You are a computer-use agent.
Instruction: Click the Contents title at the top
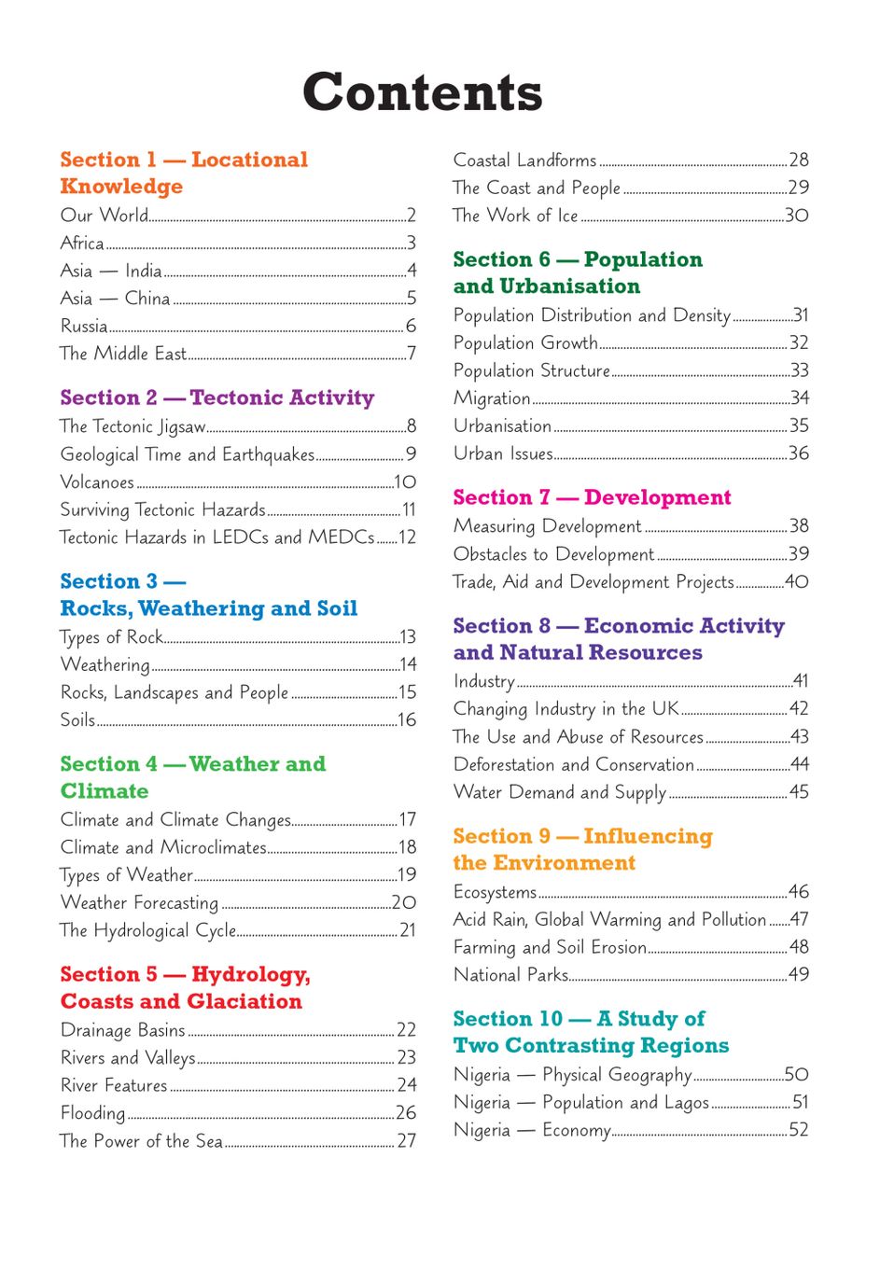pos(422,92)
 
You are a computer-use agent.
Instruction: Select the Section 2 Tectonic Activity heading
pos(217,397)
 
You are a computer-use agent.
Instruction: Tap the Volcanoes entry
pos(97,482)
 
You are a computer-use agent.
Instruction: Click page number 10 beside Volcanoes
pos(405,482)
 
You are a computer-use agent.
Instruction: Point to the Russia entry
pos(84,326)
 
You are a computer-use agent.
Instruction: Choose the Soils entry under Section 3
pos(77,719)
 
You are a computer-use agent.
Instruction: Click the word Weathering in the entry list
pos(105,664)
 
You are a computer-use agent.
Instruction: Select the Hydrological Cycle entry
pos(147,930)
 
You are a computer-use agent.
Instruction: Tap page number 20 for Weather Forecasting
pos(404,902)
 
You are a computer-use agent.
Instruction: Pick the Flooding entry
pos(92,1112)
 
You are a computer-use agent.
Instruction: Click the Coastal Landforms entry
pos(524,160)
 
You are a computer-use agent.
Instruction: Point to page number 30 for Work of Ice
pos(797,216)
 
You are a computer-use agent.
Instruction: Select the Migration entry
pos(492,398)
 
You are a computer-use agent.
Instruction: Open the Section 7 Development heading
pos(592,497)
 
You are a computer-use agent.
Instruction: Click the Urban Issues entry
pos(503,453)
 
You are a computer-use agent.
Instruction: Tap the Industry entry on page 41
pos(483,681)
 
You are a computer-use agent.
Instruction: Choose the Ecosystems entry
pos(495,892)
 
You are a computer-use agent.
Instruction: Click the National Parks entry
pos(510,975)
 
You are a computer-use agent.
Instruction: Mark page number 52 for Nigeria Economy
pos(799,1130)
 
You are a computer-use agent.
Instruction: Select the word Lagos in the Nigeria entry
pos(687,1103)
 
